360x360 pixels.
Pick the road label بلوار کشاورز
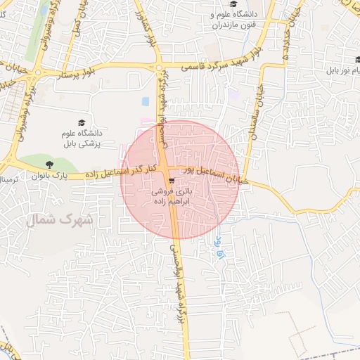tap(155, 31)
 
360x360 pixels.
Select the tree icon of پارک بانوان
tap(49, 165)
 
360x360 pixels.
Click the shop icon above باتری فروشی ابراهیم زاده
tap(172, 180)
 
